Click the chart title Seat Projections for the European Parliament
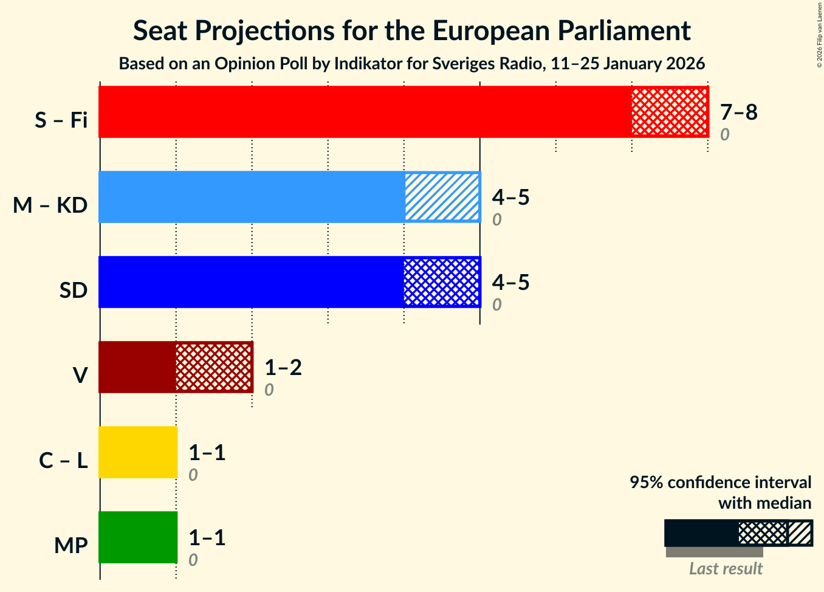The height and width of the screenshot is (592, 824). pos(411,30)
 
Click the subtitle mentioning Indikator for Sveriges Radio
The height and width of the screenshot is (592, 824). pos(411,64)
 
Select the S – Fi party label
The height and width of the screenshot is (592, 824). pos(61,120)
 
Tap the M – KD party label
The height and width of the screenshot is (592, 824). pos(50,205)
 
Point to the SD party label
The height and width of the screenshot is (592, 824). pos(74,291)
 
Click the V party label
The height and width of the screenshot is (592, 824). pos(80,376)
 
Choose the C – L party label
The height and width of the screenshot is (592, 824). pos(63,461)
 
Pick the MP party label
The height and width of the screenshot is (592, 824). pos(70,546)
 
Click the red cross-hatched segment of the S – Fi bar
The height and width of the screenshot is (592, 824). pos(670,112)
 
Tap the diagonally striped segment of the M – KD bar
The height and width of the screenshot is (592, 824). pos(442,197)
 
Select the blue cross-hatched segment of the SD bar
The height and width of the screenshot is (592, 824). pos(442,282)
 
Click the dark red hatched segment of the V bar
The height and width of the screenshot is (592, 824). pos(214,367)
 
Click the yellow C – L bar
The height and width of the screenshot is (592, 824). pos(138,452)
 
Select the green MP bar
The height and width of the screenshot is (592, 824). pos(138,537)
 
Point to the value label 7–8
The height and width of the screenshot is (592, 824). pos(738,112)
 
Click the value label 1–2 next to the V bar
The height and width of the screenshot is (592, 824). pos(283,368)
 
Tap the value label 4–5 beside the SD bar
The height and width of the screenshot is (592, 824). pos(511,283)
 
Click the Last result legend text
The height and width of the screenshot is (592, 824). pos(726,569)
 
